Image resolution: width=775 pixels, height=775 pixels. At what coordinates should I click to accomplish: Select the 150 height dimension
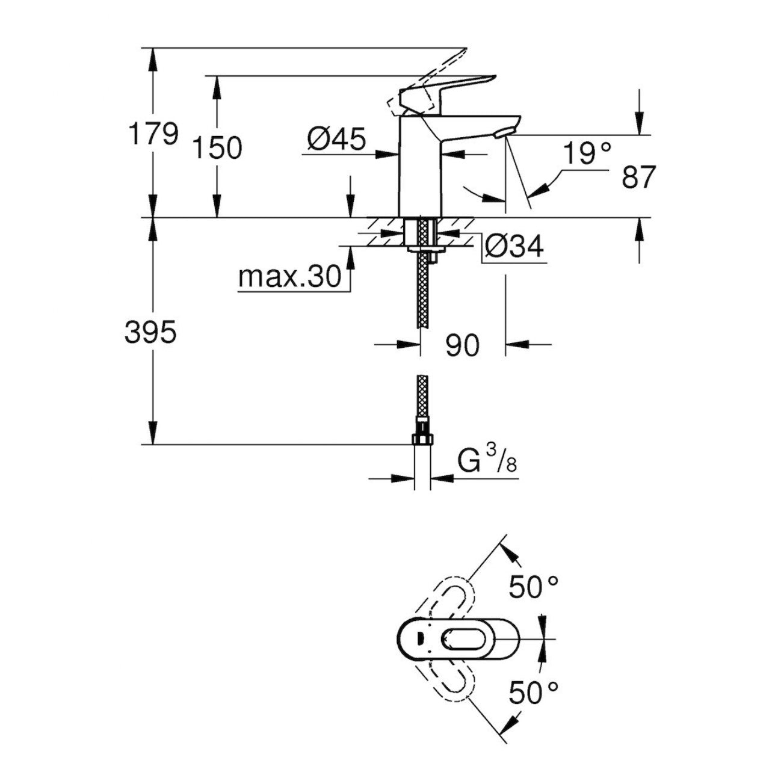point(218,147)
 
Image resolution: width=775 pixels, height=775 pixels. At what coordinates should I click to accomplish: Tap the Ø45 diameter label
point(336,140)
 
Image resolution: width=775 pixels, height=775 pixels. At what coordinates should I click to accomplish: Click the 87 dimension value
point(638,178)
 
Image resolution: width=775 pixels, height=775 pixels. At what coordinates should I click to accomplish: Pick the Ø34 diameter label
point(514,247)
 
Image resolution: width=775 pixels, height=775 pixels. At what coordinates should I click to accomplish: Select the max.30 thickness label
point(289,277)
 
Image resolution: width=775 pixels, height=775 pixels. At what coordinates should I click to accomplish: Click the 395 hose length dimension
point(150,332)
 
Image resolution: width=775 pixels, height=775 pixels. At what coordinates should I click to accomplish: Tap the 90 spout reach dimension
point(462,345)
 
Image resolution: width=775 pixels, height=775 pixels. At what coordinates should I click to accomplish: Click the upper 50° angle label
point(534,587)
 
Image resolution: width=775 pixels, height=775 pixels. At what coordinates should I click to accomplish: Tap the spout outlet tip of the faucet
point(504,132)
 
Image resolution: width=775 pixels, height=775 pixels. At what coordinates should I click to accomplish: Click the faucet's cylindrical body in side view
point(419,168)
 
